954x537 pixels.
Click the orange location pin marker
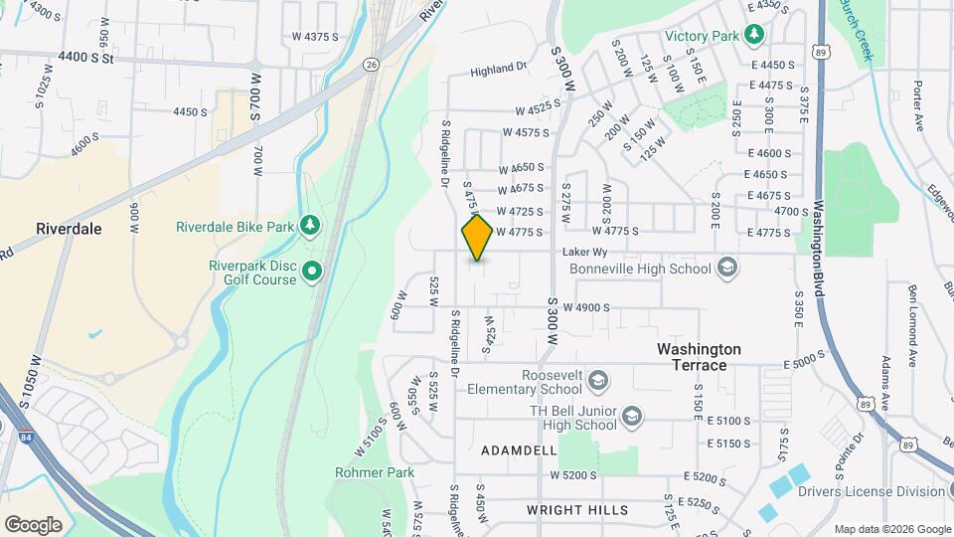(x=477, y=238)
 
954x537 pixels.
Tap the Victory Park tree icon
(x=755, y=36)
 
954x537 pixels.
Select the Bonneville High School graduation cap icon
(x=726, y=268)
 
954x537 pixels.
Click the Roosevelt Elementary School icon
(x=597, y=380)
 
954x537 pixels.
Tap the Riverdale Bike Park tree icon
(x=311, y=226)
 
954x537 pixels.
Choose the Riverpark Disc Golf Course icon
(x=312, y=269)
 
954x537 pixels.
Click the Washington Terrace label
(x=699, y=357)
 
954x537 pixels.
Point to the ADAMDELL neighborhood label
(x=519, y=450)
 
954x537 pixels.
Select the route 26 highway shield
(x=370, y=64)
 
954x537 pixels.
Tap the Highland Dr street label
(x=498, y=70)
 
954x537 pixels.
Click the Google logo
(x=33, y=525)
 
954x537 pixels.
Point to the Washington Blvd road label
(x=821, y=240)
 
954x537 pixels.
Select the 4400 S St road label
(x=87, y=58)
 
